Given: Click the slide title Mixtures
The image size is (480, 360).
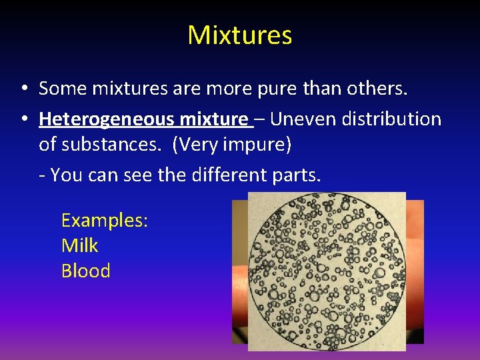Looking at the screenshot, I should pyautogui.click(x=240, y=35).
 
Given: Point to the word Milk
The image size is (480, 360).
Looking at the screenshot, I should pyautogui.click(x=79, y=246).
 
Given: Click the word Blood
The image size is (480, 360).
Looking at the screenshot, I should pyautogui.click(x=85, y=271).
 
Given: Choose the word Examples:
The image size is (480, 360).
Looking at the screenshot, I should pyautogui.click(x=104, y=221).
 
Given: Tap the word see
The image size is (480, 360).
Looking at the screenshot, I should pyautogui.click(x=138, y=175).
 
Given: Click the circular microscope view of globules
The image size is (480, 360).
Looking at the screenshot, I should pyautogui.click(x=326, y=271).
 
